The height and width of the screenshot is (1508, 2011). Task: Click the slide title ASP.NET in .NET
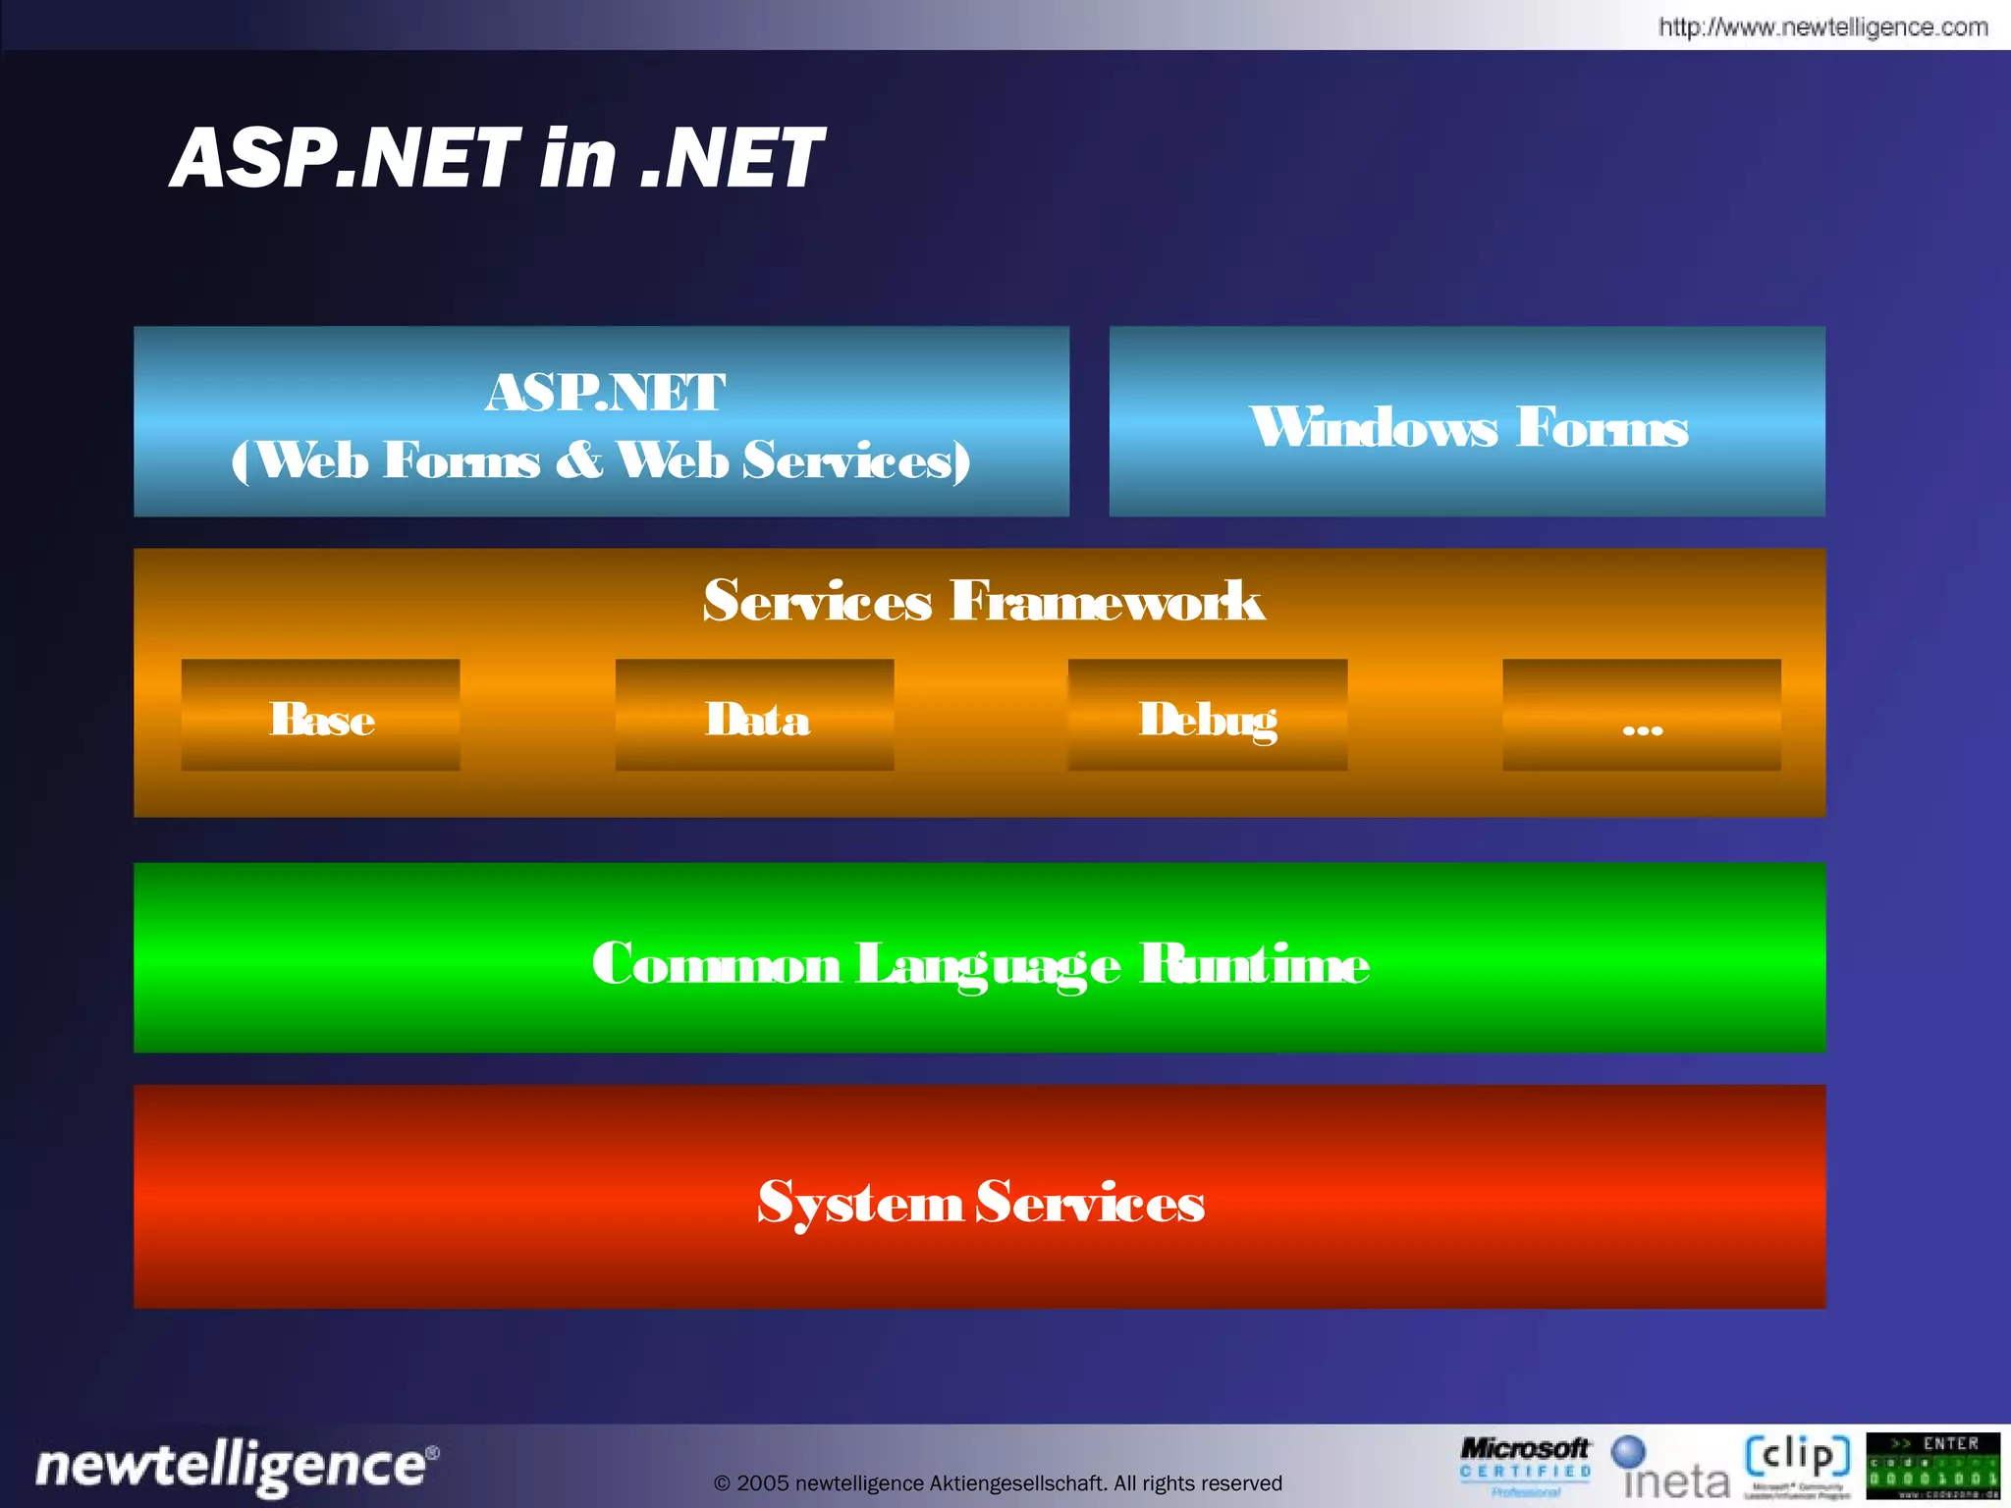(497, 158)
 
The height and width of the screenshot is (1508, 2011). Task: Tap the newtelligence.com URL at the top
(1822, 27)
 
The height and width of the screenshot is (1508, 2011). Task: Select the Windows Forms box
(1467, 423)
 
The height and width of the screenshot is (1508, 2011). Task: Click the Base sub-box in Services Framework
(320, 716)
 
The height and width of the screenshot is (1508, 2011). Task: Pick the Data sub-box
(754, 716)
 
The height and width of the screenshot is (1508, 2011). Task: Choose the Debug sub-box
(1207, 716)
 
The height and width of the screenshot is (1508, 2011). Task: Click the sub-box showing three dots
(1641, 716)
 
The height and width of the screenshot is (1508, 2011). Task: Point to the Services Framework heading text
(983, 601)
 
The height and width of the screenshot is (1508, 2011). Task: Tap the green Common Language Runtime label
(980, 963)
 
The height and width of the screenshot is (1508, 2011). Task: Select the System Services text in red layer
(980, 1202)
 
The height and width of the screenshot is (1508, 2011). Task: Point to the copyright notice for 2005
(998, 1483)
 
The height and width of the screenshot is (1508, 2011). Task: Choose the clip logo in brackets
(1797, 1457)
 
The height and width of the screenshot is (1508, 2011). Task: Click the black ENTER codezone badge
(1932, 1466)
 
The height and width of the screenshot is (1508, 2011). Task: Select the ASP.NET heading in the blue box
(605, 392)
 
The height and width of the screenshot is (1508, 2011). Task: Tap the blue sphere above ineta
(1628, 1452)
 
